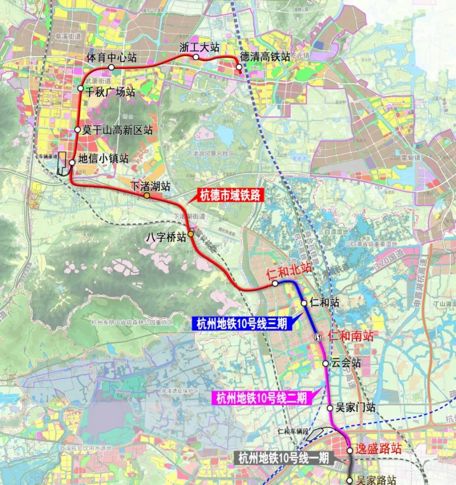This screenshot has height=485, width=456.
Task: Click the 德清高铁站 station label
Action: coord(265,58)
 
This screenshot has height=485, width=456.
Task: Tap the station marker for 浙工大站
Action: coord(196,57)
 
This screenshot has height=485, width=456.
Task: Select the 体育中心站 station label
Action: coord(112,58)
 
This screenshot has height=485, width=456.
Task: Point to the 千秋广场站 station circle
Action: coord(81,88)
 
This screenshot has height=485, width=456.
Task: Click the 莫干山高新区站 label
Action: coord(117,130)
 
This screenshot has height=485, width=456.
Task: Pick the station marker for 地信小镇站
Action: coord(72,162)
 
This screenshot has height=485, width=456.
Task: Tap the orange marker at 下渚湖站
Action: coord(147,195)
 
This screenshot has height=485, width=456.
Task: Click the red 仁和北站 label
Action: coord(289,271)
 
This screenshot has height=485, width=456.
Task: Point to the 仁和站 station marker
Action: coord(305,303)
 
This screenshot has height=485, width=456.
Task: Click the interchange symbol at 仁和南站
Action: coord(318,337)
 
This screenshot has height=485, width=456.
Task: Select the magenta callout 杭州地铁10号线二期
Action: coord(262,398)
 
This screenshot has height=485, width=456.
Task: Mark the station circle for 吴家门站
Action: coord(330,408)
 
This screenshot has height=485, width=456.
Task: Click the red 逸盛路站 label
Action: coord(379,449)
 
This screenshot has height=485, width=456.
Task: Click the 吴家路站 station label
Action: coord(375,480)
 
